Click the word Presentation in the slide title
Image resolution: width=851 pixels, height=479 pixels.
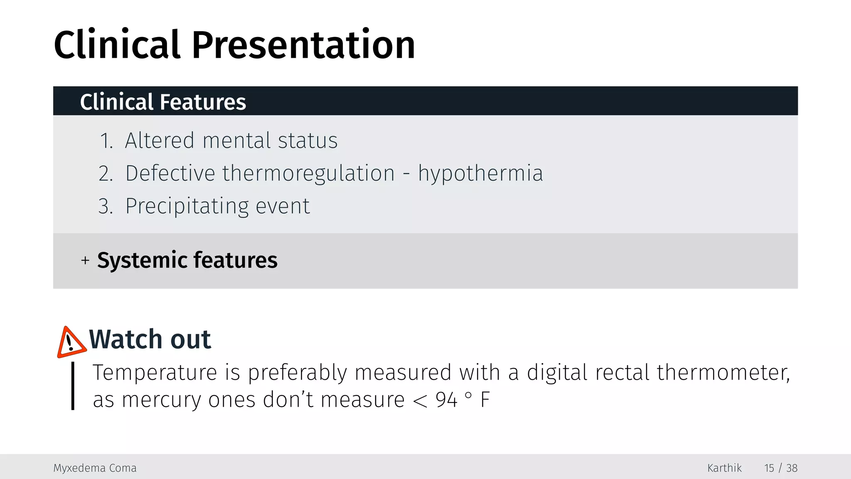click(x=303, y=45)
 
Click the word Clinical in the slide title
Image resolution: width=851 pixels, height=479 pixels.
click(x=117, y=45)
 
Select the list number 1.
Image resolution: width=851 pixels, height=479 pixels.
click(x=106, y=141)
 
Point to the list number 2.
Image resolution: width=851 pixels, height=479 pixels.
click(x=106, y=173)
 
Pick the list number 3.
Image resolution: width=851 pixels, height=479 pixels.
click(x=106, y=206)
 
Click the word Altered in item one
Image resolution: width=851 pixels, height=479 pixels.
click(x=160, y=141)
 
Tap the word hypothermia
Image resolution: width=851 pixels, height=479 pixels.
click(x=480, y=173)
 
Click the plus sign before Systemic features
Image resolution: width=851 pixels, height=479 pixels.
click(x=85, y=260)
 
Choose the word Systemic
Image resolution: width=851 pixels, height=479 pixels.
click(x=142, y=260)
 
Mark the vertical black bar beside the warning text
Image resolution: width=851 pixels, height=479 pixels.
click(x=73, y=386)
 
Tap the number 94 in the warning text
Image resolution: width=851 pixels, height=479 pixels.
click(x=446, y=400)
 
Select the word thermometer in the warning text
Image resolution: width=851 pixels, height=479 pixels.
click(x=723, y=372)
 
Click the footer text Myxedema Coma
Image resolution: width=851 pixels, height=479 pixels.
click(x=95, y=468)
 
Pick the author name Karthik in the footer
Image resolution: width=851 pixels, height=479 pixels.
click(x=724, y=468)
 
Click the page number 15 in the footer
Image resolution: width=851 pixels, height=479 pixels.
click(x=769, y=468)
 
